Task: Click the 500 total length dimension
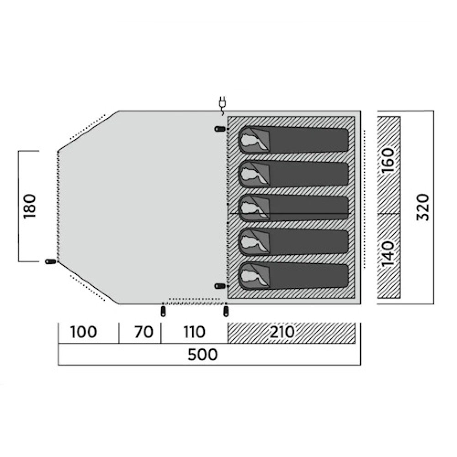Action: tap(202, 355)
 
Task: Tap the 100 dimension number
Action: tap(84, 332)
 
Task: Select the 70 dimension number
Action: tap(143, 332)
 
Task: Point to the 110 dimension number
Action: tap(194, 332)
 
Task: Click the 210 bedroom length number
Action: tap(282, 332)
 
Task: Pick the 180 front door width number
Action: tap(30, 206)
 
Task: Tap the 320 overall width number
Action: tap(422, 207)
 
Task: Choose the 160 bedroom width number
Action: tap(388, 160)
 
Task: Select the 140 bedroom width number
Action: tap(388, 254)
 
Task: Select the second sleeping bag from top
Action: tap(293, 174)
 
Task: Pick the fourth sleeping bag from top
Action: tap(293, 242)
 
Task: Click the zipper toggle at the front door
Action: tap(50, 261)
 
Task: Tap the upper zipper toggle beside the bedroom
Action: tap(220, 128)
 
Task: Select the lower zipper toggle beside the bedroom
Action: tap(220, 286)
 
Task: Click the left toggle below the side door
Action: tap(163, 311)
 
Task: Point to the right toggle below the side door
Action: tap(226, 311)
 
